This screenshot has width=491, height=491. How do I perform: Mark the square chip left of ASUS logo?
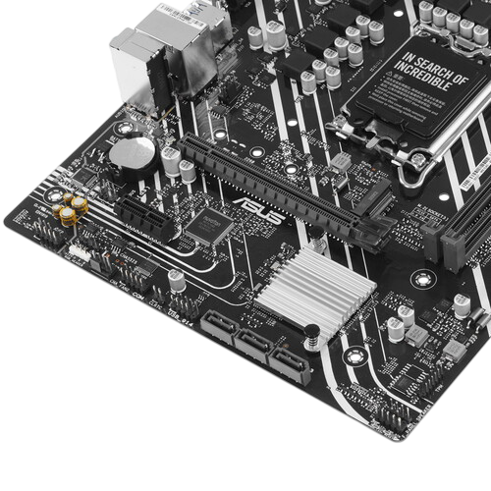pos(206,225)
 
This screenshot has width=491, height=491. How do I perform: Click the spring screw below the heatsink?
pos(308,339)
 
